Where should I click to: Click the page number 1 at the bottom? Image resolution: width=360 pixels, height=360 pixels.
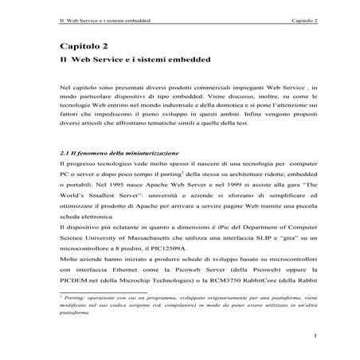pyautogui.click(x=316, y=335)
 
